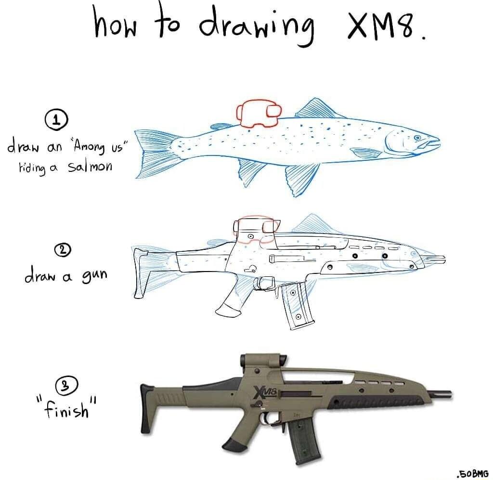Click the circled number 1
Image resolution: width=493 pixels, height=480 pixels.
point(56,120)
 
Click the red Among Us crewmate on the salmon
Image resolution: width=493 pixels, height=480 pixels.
point(257,114)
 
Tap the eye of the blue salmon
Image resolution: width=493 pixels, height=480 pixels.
point(417,138)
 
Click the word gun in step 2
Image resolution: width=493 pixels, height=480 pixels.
point(93,276)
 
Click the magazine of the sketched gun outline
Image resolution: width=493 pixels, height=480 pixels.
point(297,306)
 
